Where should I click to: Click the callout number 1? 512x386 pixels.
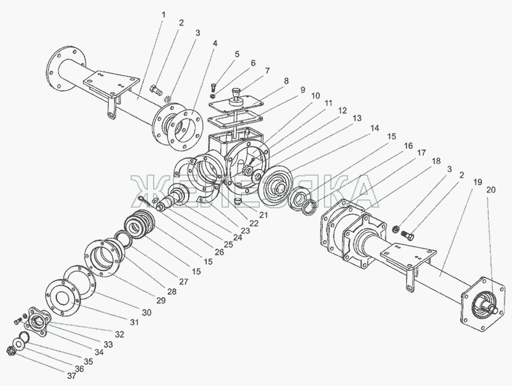pos(164,15)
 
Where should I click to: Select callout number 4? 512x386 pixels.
pos(214,43)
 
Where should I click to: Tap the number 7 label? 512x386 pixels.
pos(267,71)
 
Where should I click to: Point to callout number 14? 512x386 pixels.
pos(374,128)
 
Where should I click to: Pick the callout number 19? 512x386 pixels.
pos(477,182)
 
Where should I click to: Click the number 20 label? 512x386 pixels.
pos(491,190)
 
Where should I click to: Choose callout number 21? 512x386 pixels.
pos(263,215)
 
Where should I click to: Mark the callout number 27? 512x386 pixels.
pos(184,281)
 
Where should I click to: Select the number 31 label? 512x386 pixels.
pos(134,323)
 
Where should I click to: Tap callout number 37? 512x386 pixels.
pos(72,376)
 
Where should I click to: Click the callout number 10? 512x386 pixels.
pos(316,96)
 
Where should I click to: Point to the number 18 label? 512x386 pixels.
pos(436,161)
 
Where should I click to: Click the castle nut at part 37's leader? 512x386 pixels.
pos(11,351)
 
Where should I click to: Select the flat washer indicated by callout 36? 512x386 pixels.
pos(19,344)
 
